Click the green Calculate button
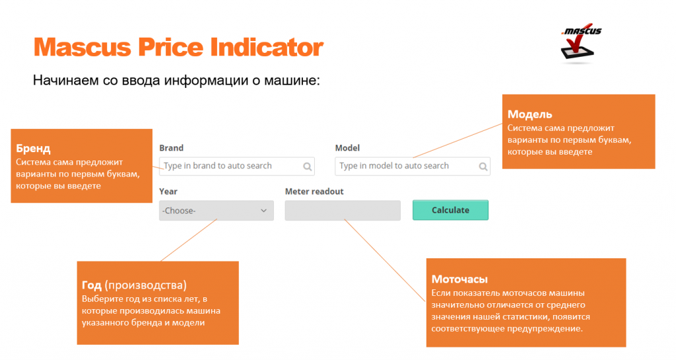pos(450,210)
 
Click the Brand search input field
pos(237,166)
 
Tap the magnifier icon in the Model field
pos(483,166)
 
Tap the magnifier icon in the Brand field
pos(307,166)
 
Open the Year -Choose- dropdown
pos(216,211)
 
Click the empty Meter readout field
pos(343,211)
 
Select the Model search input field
pos(412,166)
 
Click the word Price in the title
pos(170,47)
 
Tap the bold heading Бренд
pos(33,149)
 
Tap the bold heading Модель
pos(529,114)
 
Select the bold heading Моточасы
pos(459,279)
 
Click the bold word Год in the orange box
pos(91,285)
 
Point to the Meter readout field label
pos(314,192)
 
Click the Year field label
pos(168,192)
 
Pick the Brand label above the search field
pos(171,148)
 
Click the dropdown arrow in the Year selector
pos(263,211)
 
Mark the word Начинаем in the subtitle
pos(65,80)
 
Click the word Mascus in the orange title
pos(82,47)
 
